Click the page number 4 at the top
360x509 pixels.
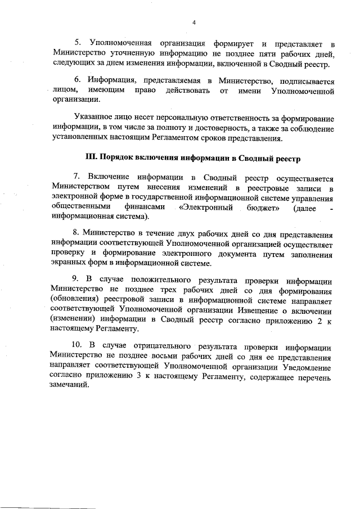point(193,22)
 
